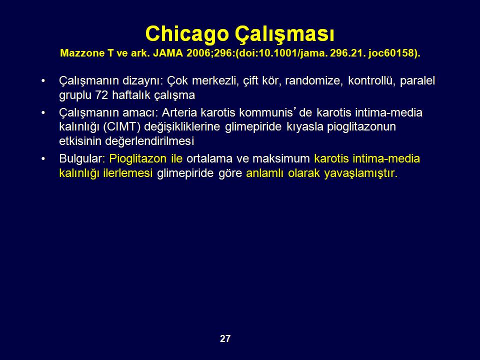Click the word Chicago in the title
pyautogui.click(x=187, y=34)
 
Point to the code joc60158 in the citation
pyautogui.click(x=393, y=53)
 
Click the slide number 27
pyautogui.click(x=225, y=338)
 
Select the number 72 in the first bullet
pyautogui.click(x=101, y=95)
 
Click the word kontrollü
pyautogui.click(x=371, y=80)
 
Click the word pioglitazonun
pyautogui.click(x=361, y=127)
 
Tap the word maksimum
pyautogui.click(x=281, y=159)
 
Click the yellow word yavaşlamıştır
pyautogui.click(x=360, y=173)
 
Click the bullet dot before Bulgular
pyautogui.click(x=43, y=159)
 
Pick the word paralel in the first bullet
pyautogui.click(x=417, y=81)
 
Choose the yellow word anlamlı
pyautogui.click(x=265, y=173)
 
